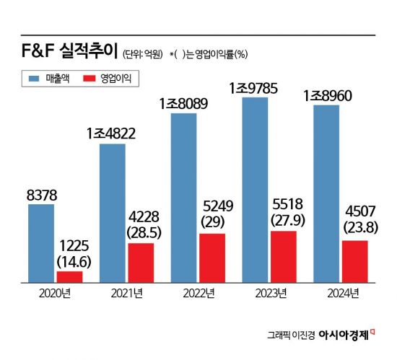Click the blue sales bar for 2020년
(x=41, y=243)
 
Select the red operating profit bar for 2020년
(x=69, y=276)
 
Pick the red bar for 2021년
(x=141, y=263)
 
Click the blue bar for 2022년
(x=183, y=197)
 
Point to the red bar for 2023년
(x=283, y=256)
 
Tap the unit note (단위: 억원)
(x=144, y=53)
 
